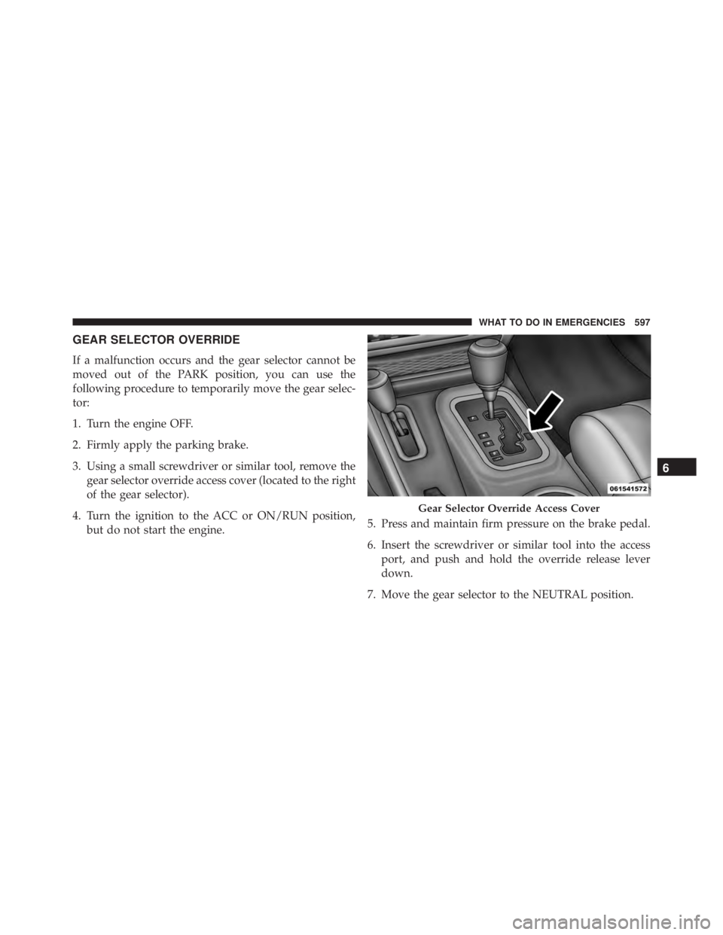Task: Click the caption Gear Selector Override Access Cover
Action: click(x=509, y=508)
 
